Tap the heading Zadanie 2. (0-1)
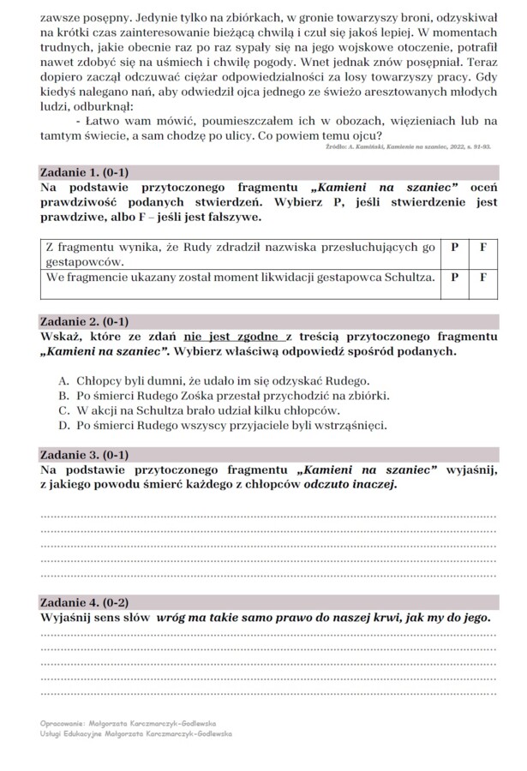click(x=84, y=322)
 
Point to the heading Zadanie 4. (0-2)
click(x=84, y=602)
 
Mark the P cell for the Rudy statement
click(x=454, y=247)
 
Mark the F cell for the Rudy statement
click(x=483, y=247)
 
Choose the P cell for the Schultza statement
click(x=454, y=278)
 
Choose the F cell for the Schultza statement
click(x=483, y=278)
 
